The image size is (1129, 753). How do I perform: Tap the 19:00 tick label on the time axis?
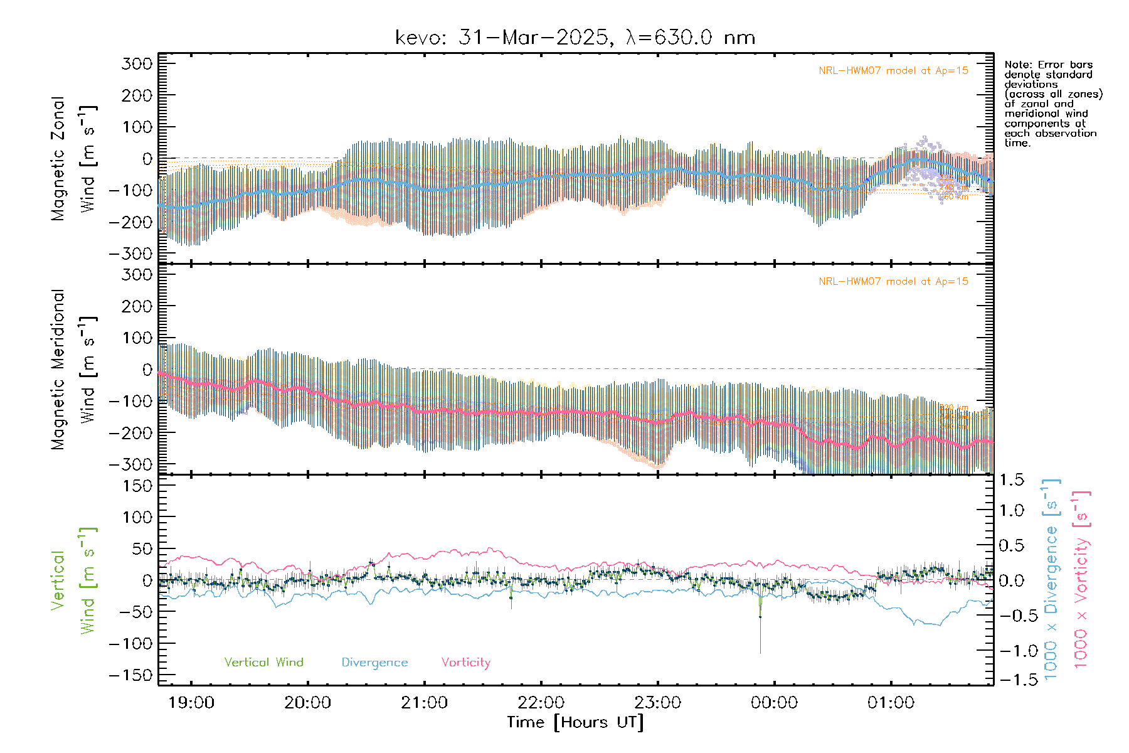(191, 703)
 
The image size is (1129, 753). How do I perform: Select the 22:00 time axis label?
(541, 703)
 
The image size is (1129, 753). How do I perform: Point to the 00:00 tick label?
(774, 703)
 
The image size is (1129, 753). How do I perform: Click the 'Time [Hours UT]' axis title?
(575, 722)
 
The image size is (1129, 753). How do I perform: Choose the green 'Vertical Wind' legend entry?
(263, 663)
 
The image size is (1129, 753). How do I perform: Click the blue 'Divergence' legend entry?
(374, 663)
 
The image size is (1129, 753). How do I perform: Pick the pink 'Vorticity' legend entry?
(465, 663)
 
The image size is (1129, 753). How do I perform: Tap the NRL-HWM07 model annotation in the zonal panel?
(893, 71)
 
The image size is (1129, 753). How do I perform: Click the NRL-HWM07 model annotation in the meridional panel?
(893, 282)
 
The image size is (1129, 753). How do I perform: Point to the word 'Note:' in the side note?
(1018, 65)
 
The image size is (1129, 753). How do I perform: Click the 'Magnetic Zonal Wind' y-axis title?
(74, 159)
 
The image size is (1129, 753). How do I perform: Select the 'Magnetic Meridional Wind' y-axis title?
(74, 370)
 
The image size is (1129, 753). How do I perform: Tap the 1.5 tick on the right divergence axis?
(1011, 480)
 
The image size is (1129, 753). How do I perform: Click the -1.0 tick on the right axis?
(1016, 651)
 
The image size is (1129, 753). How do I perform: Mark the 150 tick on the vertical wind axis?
(137, 486)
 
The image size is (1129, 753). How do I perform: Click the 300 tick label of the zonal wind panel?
(137, 63)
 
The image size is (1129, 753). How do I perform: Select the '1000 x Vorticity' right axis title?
(1081, 579)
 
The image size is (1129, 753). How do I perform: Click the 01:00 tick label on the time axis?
(891, 703)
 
